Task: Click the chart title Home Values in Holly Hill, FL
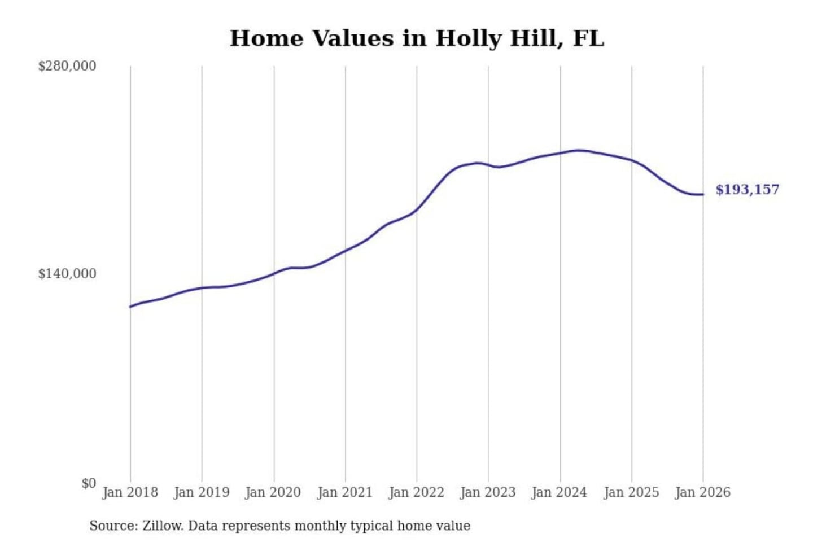tap(417, 38)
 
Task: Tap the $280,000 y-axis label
tap(67, 66)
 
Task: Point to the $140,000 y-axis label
tap(67, 274)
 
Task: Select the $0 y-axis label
tap(89, 483)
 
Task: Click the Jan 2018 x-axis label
tap(130, 492)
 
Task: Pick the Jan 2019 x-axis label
tap(202, 492)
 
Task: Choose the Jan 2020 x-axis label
tap(273, 492)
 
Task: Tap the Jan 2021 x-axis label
tap(345, 492)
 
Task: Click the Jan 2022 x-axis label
tap(417, 492)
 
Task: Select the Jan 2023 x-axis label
tap(488, 492)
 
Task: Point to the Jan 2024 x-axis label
tap(560, 492)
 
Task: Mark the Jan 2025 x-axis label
tap(631, 492)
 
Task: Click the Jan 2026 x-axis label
tap(703, 492)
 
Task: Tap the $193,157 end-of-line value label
tap(747, 190)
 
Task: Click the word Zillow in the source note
tap(162, 526)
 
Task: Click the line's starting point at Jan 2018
tap(130, 307)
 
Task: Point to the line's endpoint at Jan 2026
tap(703, 194)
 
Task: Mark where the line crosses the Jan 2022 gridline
tap(417, 209)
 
